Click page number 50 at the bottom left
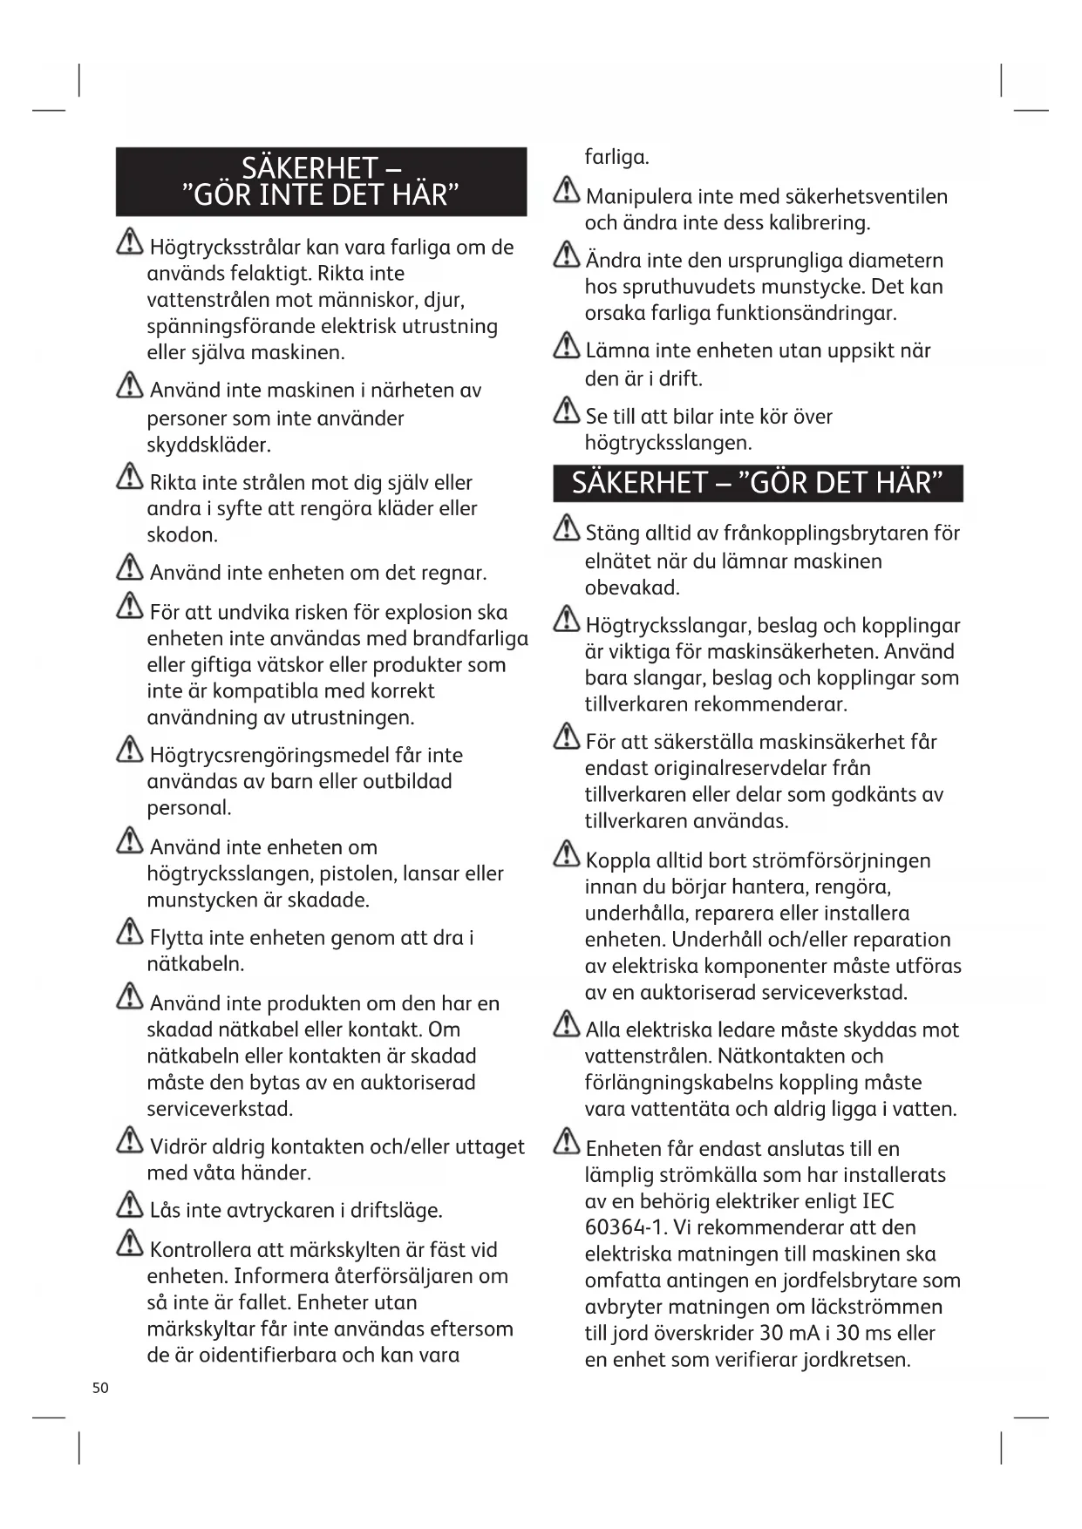[x=100, y=1388]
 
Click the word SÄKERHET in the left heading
[x=309, y=168]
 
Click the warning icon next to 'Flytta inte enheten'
[x=130, y=933]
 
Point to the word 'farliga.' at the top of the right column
[x=616, y=158]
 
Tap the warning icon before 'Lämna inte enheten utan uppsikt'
[x=567, y=346]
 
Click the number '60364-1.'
[x=621, y=1228]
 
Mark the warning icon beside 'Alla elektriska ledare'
[x=567, y=1024]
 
